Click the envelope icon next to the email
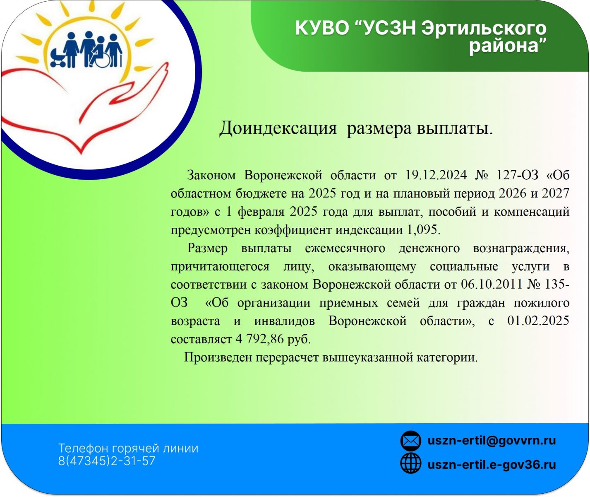(x=410, y=441)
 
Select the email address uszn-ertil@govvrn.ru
(x=492, y=441)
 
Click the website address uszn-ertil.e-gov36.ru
(x=492, y=464)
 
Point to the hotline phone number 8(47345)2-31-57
(x=107, y=461)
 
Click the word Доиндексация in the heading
(x=278, y=128)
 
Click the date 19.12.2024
(x=436, y=175)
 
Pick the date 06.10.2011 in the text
(x=492, y=284)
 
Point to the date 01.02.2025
(x=538, y=321)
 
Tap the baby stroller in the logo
(x=58, y=58)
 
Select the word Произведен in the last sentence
(x=218, y=357)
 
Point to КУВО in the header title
(x=322, y=28)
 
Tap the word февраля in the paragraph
(x=261, y=212)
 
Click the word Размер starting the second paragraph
(x=207, y=248)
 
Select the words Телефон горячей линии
(x=128, y=449)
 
